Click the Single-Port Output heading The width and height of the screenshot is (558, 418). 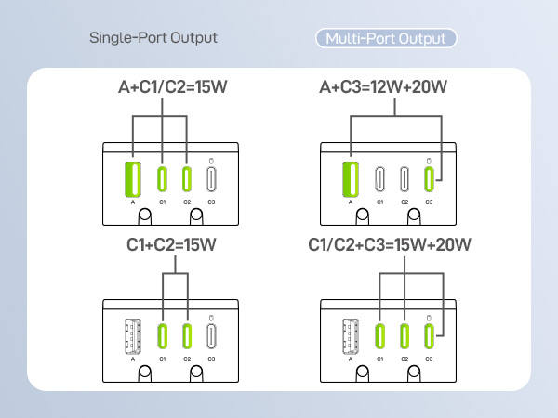pos(153,38)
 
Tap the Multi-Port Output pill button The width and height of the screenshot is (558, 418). pos(386,38)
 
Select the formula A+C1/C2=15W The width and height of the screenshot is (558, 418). pos(173,87)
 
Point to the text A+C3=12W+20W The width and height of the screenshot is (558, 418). pos(383,87)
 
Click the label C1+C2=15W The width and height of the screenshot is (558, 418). pos(171,245)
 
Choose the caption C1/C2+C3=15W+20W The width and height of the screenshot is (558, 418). pos(390,245)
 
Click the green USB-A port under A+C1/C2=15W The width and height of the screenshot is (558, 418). pos(133,179)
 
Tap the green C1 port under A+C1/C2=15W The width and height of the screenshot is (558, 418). pos(162,179)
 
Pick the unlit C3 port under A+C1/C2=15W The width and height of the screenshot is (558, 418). pos(211,179)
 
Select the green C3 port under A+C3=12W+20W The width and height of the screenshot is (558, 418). pos(429,179)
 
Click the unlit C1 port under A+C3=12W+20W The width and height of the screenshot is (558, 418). pos(380,179)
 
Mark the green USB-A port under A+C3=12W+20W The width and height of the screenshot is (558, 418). pos(351,179)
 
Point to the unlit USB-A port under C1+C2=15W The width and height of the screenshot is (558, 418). pos(133,336)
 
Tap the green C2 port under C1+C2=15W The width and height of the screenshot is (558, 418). pos(187,336)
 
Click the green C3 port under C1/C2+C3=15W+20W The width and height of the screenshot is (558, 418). pos(429,336)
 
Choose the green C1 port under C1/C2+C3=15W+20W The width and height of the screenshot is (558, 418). pos(380,336)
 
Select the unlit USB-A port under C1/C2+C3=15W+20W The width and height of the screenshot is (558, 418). pos(351,336)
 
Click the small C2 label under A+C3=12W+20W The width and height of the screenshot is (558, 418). pos(405,202)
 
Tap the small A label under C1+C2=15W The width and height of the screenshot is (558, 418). pos(133,359)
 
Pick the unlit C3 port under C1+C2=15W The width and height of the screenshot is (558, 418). pos(211,336)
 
